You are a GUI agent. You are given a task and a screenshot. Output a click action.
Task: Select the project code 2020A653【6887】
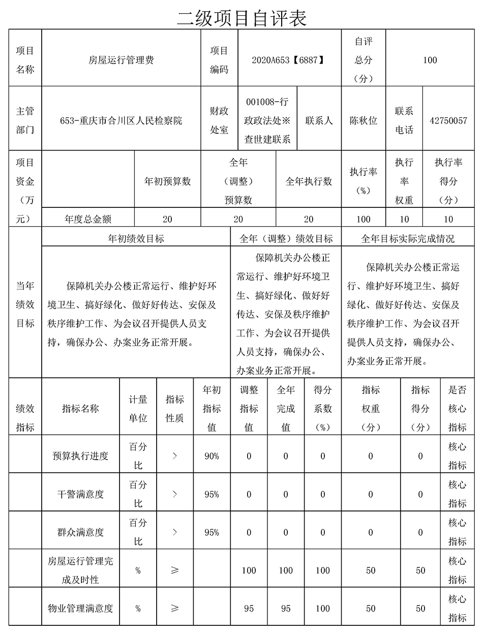(288, 60)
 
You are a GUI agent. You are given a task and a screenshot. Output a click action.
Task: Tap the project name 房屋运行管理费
(121, 60)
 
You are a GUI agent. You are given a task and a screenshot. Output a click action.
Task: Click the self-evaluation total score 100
(430, 60)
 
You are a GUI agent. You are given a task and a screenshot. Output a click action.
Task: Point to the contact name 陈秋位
(364, 120)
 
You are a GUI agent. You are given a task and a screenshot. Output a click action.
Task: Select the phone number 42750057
(448, 120)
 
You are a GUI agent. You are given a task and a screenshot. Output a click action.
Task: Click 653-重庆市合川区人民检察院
(121, 120)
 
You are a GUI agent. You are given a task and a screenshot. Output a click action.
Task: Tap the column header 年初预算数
(167, 181)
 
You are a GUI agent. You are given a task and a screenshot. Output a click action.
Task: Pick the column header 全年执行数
(308, 181)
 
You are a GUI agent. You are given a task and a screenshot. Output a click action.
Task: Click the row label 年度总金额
(88, 219)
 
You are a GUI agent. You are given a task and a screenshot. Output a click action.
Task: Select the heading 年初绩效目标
(136, 238)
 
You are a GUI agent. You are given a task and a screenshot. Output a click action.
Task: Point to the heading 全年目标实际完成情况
(408, 238)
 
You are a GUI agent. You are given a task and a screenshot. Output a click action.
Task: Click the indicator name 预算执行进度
(80, 456)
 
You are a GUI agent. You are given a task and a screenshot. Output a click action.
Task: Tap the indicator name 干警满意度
(80, 494)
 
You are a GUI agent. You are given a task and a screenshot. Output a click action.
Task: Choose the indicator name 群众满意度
(80, 532)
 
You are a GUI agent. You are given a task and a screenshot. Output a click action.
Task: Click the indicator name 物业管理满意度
(80, 608)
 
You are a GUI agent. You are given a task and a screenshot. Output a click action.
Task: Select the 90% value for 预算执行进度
(212, 456)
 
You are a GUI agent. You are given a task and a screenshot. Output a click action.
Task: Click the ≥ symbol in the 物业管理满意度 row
(175, 608)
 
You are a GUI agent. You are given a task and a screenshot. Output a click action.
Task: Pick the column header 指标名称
(80, 408)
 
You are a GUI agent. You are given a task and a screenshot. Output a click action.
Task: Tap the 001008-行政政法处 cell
(267, 120)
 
